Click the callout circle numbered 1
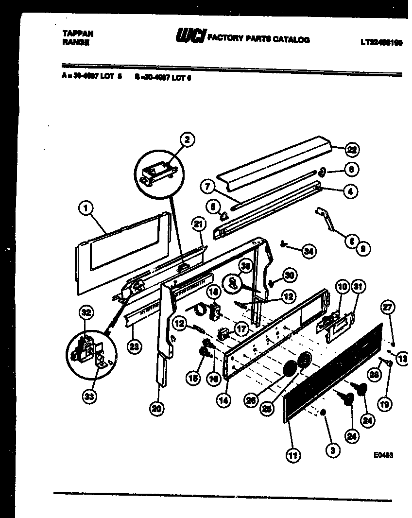pos(86,209)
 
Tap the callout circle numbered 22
pos(352,150)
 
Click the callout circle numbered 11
pos(293,455)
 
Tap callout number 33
pos(89,397)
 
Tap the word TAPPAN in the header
pos(78,33)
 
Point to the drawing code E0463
pos(383,455)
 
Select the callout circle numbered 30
pos(290,275)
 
